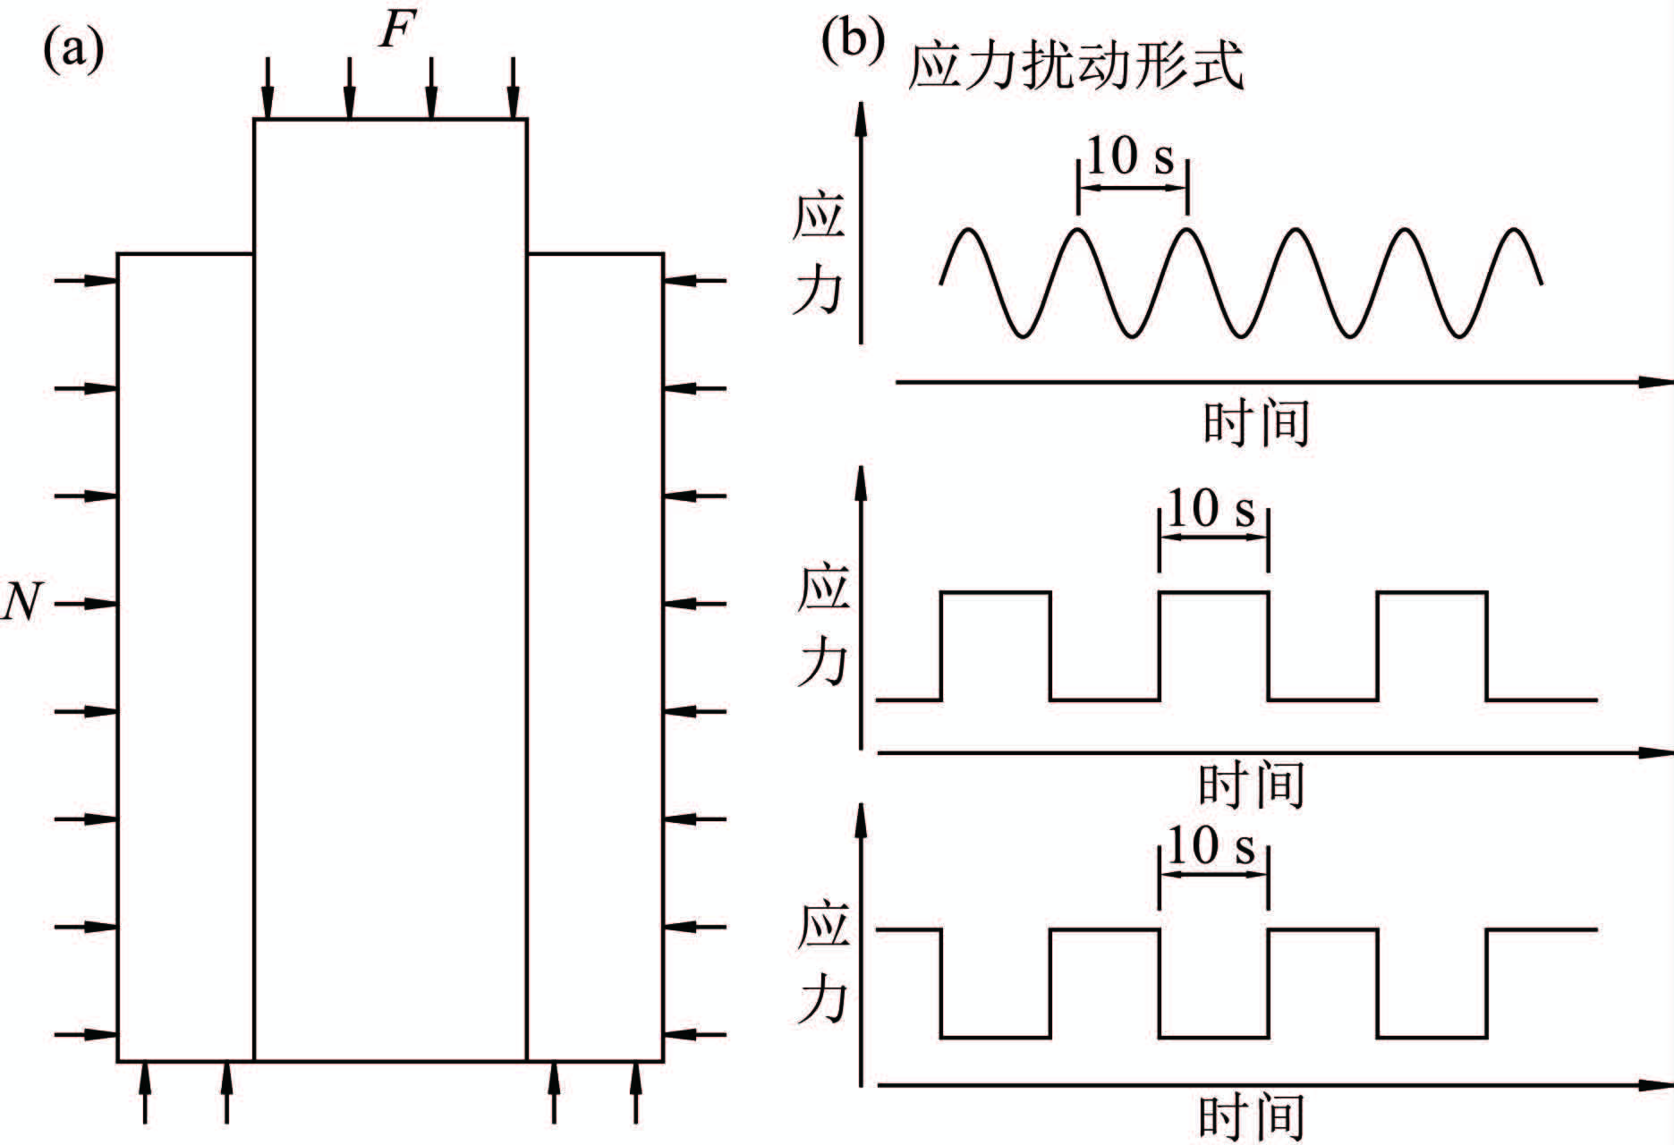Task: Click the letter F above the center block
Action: pyautogui.click(x=396, y=32)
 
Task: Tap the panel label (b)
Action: pyautogui.click(x=852, y=41)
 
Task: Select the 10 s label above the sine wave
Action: pyautogui.click(x=1131, y=157)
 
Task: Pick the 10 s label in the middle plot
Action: pyautogui.click(x=1212, y=509)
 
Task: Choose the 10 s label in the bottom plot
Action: pyautogui.click(x=1212, y=845)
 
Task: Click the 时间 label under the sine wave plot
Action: pyautogui.click(x=1256, y=423)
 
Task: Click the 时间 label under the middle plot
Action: pyautogui.click(x=1252, y=785)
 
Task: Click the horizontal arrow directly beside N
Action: pyautogui.click(x=86, y=604)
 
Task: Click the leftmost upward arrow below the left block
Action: pyautogui.click(x=145, y=1091)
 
